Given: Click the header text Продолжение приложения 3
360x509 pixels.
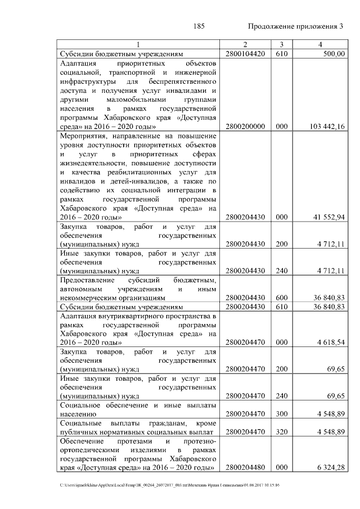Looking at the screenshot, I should click(295, 27).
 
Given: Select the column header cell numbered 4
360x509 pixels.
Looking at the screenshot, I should click(319, 44).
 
